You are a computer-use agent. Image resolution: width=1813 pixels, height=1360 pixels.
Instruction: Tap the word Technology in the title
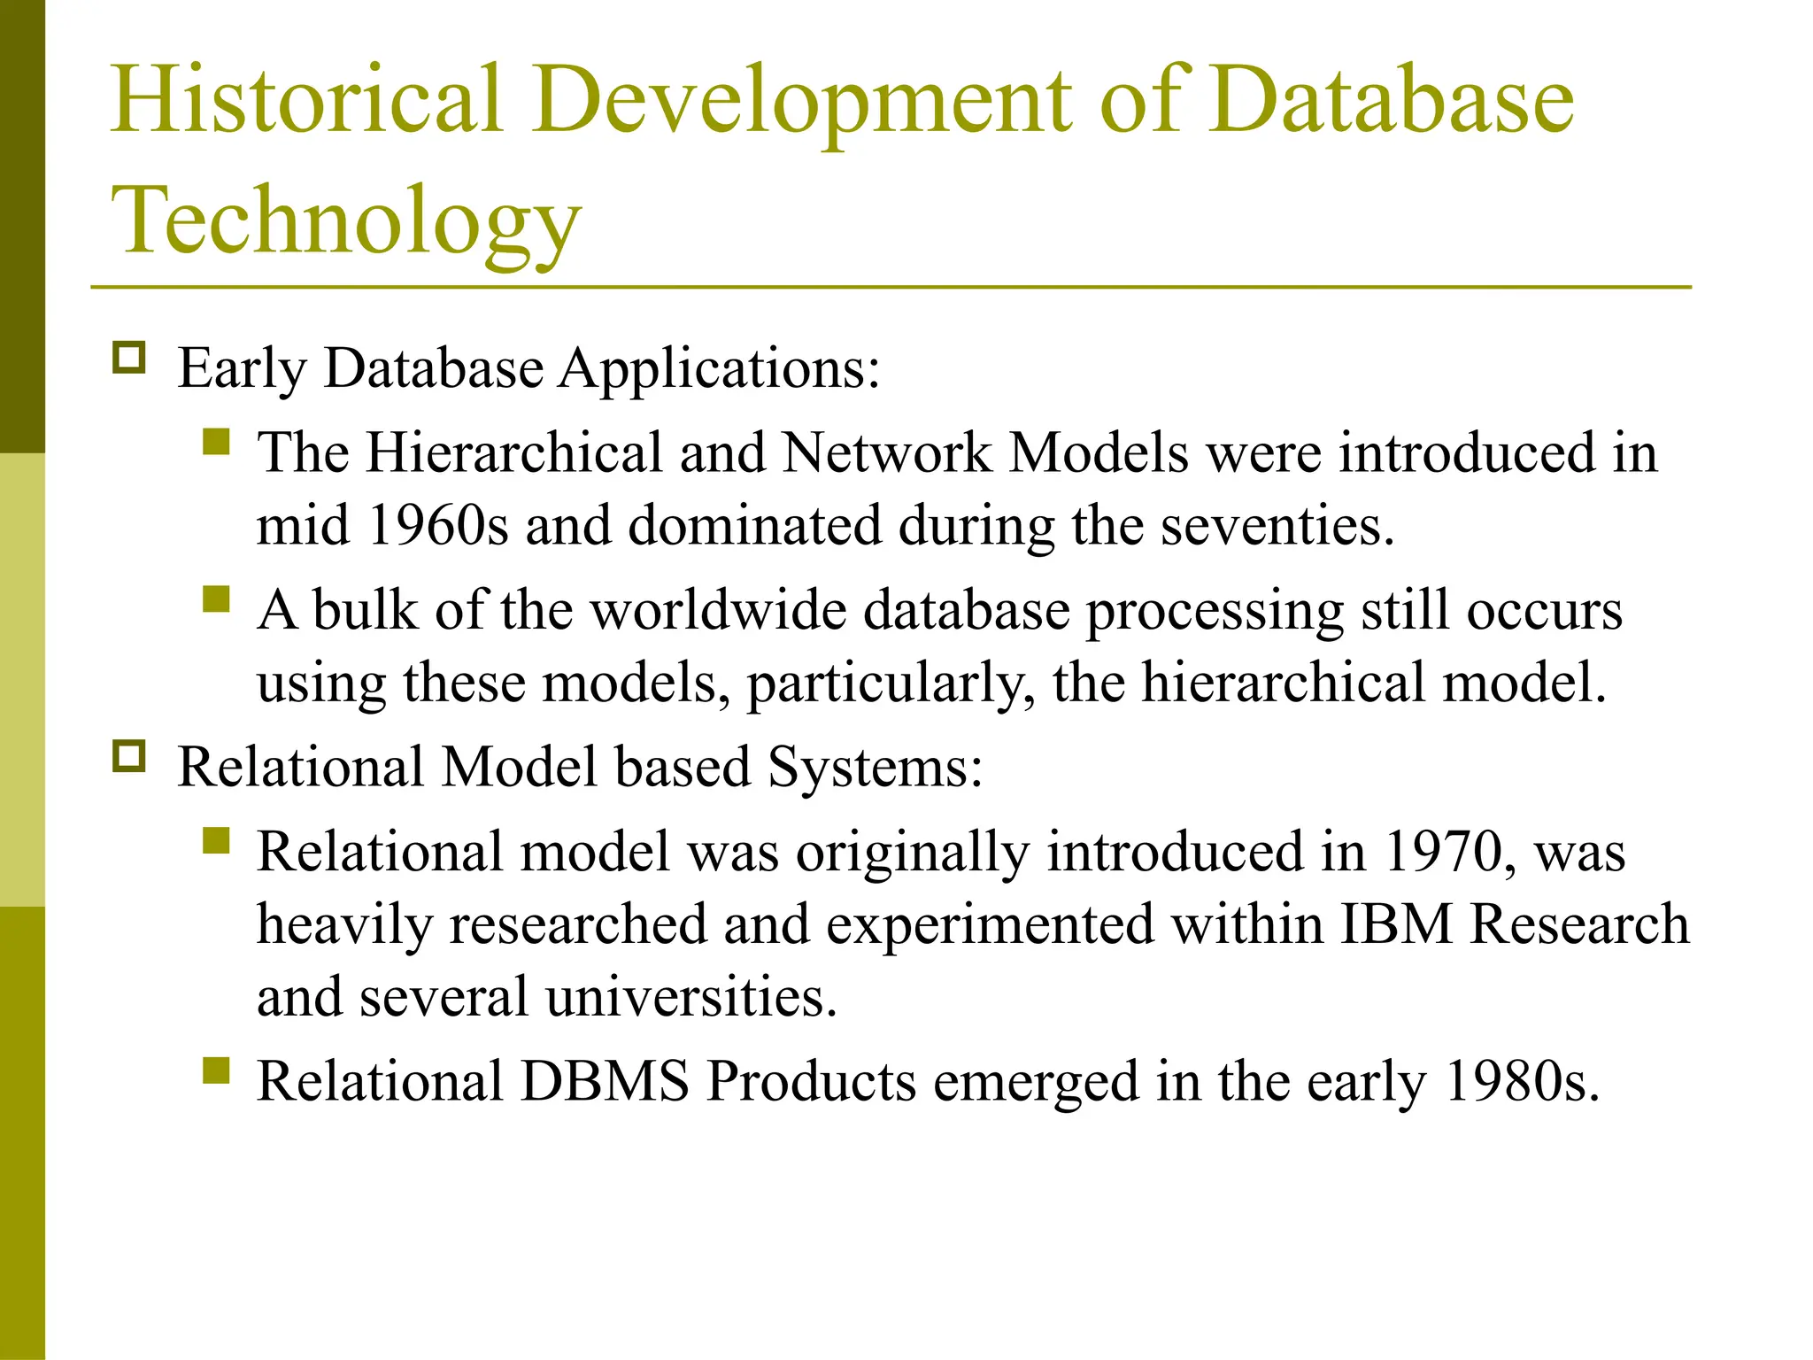[x=346, y=220]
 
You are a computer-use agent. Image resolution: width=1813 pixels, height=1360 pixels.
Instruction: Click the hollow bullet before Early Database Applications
[x=129, y=359]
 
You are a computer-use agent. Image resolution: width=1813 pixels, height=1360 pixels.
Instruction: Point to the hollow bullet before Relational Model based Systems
[x=129, y=757]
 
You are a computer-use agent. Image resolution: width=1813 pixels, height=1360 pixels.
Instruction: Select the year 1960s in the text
[x=437, y=526]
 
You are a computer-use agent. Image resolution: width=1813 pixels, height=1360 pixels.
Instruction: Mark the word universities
[x=690, y=998]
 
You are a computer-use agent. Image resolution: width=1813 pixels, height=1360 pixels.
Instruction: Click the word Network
[x=886, y=453]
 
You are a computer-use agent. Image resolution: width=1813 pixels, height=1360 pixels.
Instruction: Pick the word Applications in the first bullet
[x=719, y=368]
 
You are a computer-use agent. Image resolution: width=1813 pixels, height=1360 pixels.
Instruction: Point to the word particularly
[x=891, y=684]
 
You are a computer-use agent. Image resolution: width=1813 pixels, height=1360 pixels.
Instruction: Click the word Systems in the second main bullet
[x=875, y=767]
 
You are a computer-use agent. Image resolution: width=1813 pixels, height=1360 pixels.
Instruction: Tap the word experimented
[x=991, y=925]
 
